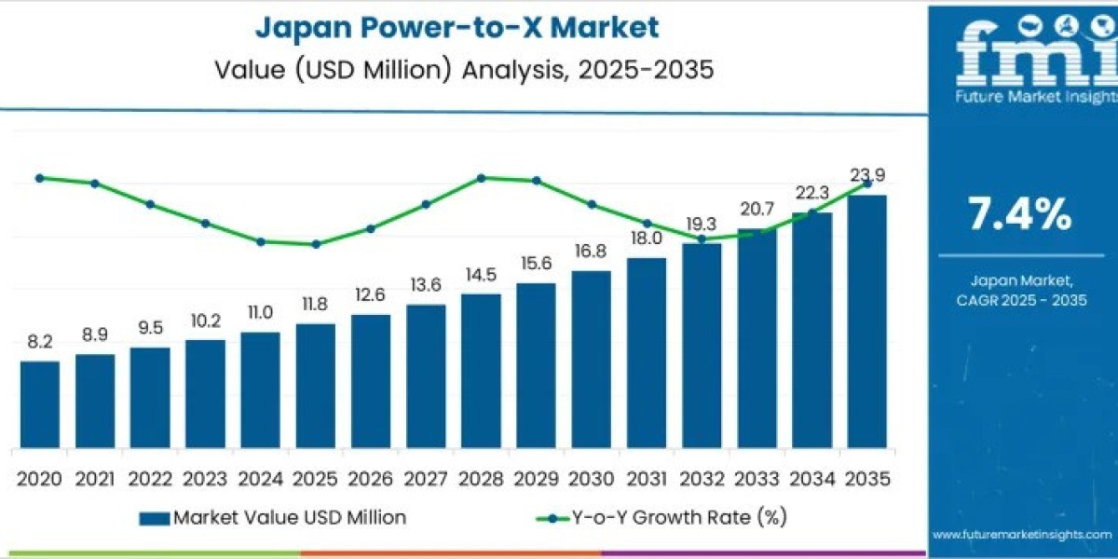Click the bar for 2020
(x=40, y=402)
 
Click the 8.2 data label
(x=40, y=342)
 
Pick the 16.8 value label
(x=591, y=252)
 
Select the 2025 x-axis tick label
(x=315, y=479)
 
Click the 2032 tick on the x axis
(x=701, y=479)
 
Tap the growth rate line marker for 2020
(x=40, y=178)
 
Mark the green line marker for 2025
(x=316, y=244)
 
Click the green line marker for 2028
(x=481, y=177)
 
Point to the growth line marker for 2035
(x=867, y=184)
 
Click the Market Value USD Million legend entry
(x=272, y=517)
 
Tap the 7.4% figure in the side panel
(x=1020, y=215)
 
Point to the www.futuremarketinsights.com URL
(x=1022, y=535)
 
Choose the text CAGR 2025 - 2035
(x=1020, y=299)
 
